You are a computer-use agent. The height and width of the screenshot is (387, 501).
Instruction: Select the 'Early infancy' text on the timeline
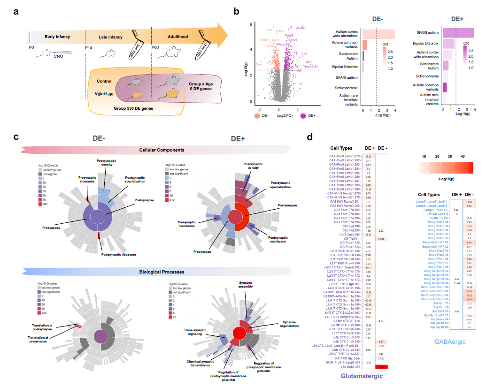[57, 37]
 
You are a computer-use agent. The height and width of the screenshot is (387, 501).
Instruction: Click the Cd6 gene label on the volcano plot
[304, 54]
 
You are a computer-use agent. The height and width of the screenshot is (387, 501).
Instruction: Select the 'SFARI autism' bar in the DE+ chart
[458, 32]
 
